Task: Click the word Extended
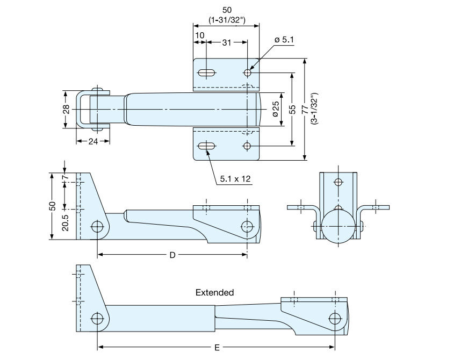point(214,293)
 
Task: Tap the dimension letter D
point(172,255)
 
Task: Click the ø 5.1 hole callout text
point(284,40)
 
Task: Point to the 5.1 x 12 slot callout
point(235,179)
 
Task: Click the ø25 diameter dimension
point(275,109)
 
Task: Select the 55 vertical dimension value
point(292,109)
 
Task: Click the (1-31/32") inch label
point(226,20)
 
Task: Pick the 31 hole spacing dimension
point(227,42)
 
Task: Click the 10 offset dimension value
point(200,35)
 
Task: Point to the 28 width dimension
point(66,109)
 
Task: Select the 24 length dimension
point(92,142)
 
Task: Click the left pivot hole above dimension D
point(97,226)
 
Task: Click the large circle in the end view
point(339,227)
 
